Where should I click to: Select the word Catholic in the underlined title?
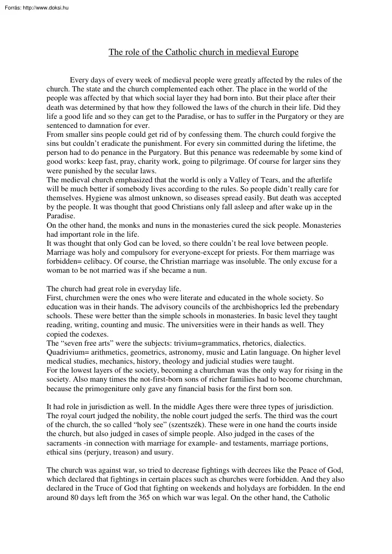182,52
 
